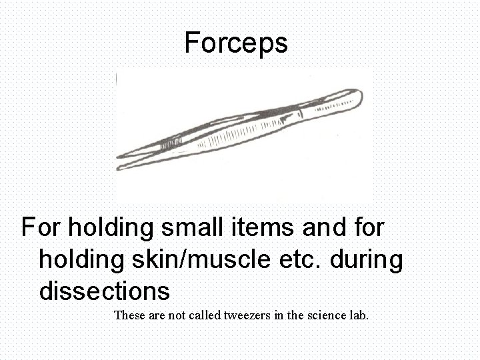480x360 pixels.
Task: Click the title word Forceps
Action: coord(236,43)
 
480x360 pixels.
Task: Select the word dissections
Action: coord(104,291)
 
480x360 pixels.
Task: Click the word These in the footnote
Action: coord(131,315)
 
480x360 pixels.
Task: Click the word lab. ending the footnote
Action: coord(357,315)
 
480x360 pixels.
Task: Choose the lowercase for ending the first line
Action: coord(369,227)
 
